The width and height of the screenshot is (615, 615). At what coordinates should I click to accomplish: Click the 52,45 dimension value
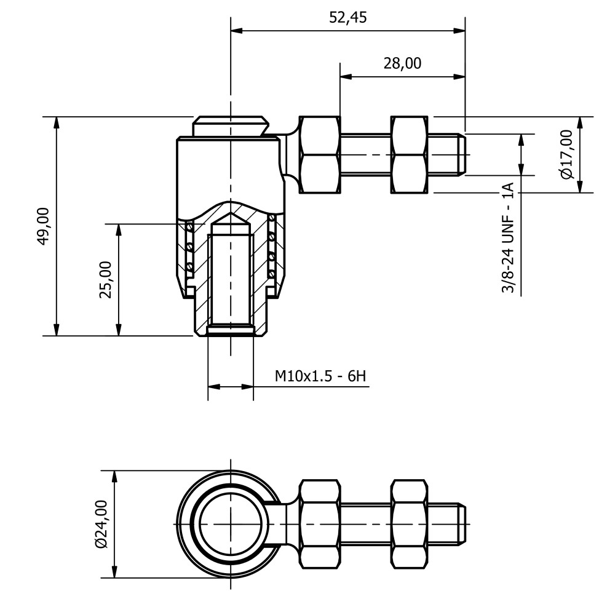coord(347,18)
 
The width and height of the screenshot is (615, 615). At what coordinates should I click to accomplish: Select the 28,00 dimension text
coord(402,63)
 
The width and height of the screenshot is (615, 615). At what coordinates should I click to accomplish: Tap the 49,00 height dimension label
coord(44,226)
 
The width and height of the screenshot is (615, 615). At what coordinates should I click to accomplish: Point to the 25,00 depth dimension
coord(106,280)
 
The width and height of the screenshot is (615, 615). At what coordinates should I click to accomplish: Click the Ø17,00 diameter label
coord(567,154)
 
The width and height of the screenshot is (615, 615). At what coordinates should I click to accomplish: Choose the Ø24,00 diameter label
coord(101,524)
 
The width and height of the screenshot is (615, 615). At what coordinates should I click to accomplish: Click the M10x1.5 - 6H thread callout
coord(320,376)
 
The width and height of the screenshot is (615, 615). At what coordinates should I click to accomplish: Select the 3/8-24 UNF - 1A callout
coord(508,237)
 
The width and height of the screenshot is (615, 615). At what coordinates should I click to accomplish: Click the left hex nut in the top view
coord(320,154)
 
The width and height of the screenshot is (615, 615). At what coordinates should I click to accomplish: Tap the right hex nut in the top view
coord(410,154)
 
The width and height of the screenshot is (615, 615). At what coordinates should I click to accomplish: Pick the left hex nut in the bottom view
coord(320,524)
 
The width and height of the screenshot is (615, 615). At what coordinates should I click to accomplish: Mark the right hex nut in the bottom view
coord(410,524)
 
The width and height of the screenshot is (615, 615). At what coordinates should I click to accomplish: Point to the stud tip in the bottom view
coord(462,524)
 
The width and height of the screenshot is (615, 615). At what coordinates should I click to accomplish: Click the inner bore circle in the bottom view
coord(230,524)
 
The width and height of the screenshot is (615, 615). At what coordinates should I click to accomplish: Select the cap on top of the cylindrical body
coord(231,126)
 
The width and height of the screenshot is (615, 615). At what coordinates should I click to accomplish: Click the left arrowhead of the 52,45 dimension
coord(237,31)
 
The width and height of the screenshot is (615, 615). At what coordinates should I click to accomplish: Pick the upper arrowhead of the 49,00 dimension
coord(57,123)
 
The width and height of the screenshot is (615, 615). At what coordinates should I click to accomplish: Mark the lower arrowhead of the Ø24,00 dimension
coord(114,571)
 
